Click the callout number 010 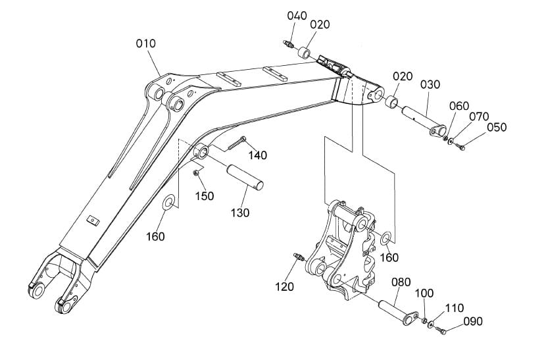pos(146,44)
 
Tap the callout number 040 pos(297,16)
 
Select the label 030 pos(430,84)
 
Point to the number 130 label pos(240,213)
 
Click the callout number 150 pos(205,196)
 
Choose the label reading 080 pos(401,282)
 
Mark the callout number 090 pos(473,321)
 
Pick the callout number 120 pos(284,287)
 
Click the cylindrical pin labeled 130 pos(245,178)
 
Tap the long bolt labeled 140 pos(237,143)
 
